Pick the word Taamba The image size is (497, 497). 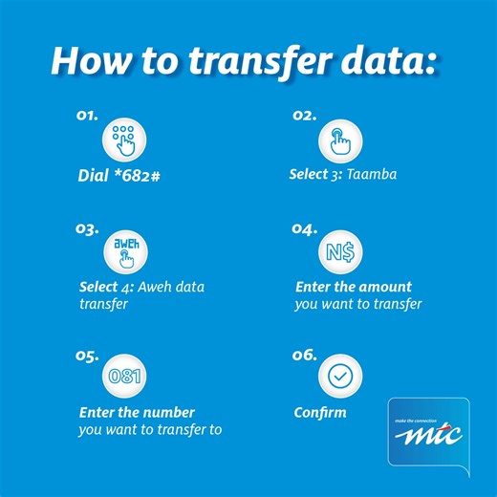[370, 175]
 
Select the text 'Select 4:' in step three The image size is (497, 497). [105, 287]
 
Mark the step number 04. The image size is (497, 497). [304, 229]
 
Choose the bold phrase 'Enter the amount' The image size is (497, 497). [353, 287]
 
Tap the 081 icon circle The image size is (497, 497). [124, 376]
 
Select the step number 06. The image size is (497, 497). [304, 356]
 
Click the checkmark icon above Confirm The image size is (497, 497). [339, 377]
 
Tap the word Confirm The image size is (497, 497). [320, 413]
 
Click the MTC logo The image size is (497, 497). [428, 436]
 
